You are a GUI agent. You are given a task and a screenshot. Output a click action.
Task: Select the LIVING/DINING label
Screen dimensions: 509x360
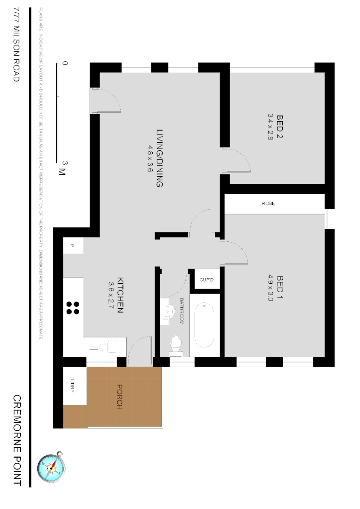pyautogui.click(x=159, y=158)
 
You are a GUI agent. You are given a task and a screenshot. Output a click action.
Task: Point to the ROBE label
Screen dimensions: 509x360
pyautogui.click(x=268, y=204)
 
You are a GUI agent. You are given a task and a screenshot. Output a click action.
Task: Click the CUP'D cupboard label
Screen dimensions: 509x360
pyautogui.click(x=206, y=280)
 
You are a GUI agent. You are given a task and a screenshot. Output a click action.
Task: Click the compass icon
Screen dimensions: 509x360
pyautogui.click(x=51, y=468)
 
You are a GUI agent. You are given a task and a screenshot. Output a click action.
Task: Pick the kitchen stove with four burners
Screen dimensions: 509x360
pyautogui.click(x=73, y=308)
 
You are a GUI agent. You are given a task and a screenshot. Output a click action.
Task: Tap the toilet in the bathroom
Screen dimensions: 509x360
pyautogui.click(x=175, y=344)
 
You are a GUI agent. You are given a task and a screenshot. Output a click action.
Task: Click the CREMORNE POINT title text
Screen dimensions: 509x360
pyautogui.click(x=17, y=440)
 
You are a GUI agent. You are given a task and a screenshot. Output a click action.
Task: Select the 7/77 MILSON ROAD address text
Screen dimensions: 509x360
pyautogui.click(x=16, y=45)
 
